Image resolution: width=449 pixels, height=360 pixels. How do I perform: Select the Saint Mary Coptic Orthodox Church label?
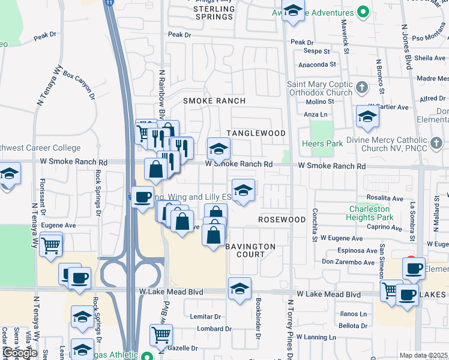click(x=319, y=88)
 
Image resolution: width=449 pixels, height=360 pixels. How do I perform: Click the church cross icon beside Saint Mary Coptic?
click(x=361, y=88)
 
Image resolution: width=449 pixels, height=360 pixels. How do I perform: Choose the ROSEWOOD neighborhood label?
click(x=282, y=220)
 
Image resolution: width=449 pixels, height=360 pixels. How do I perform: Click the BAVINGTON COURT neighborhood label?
click(x=250, y=250)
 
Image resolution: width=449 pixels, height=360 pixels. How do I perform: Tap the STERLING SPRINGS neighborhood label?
click(x=214, y=13)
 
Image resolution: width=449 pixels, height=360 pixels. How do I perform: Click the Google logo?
click(x=20, y=353)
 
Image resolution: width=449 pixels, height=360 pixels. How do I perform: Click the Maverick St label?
click(x=345, y=36)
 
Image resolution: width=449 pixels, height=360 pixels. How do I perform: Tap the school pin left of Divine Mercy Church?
click(x=367, y=117)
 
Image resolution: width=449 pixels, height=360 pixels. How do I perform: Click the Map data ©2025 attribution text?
click(x=424, y=355)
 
